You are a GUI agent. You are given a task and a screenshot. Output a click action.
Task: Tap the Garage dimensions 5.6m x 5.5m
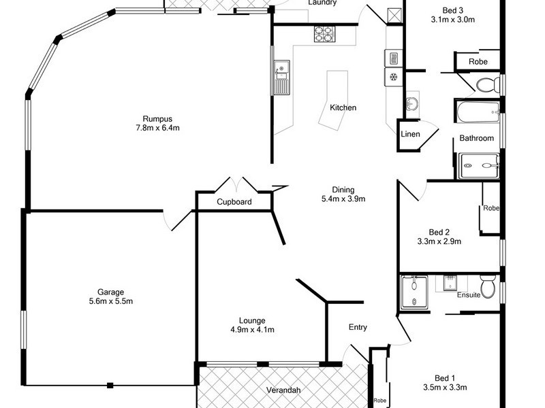pyautogui.click(x=110, y=301)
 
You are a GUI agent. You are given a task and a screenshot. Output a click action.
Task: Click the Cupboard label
pyautogui.click(x=234, y=202)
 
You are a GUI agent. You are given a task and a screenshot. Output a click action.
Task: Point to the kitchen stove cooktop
pyautogui.click(x=324, y=33)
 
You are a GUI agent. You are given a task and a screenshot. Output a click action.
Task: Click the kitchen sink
pyautogui.click(x=282, y=76)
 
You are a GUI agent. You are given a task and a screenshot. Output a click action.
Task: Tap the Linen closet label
pyautogui.click(x=410, y=134)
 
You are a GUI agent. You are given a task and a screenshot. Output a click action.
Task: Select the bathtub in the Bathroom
pyautogui.click(x=478, y=112)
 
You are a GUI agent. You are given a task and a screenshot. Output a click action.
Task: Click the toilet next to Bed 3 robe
pyautogui.click(x=486, y=85)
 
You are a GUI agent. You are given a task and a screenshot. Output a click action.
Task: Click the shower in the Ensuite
pyautogui.click(x=414, y=292)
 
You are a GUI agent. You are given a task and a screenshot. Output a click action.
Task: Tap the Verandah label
pyautogui.click(x=283, y=390)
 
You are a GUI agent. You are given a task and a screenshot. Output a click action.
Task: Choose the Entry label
pyautogui.click(x=358, y=327)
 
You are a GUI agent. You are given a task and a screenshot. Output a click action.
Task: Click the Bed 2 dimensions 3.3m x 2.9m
pyautogui.click(x=439, y=241)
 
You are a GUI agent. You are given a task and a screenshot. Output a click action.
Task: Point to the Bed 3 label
pyautogui.click(x=452, y=10)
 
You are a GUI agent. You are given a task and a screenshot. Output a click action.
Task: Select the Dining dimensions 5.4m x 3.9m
pyautogui.click(x=344, y=199)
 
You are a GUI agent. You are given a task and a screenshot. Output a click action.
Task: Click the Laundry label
pyautogui.click(x=322, y=3)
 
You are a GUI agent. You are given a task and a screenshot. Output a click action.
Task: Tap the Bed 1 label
pyautogui.click(x=443, y=378)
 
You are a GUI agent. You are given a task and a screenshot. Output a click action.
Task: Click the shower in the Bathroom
pyautogui.click(x=479, y=165)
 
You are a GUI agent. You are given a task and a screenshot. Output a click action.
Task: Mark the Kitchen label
pyautogui.click(x=343, y=107)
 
